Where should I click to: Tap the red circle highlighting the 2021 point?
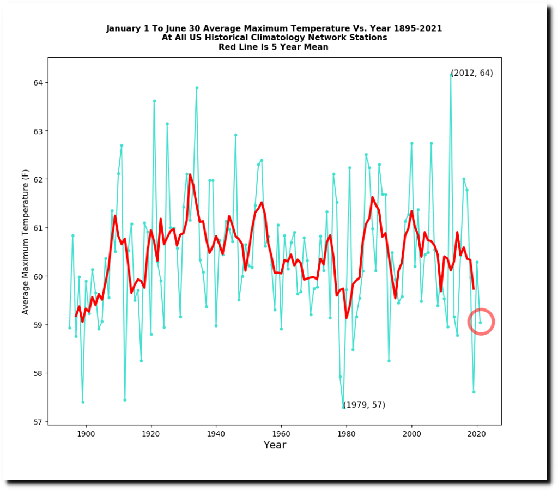pyautogui.click(x=481, y=322)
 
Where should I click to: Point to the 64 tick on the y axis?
pyautogui.click(x=48, y=83)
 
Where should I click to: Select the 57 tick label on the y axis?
pyautogui.click(x=39, y=422)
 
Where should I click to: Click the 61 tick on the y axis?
pyautogui.click(x=48, y=228)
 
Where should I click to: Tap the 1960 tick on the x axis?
pyautogui.click(x=281, y=425)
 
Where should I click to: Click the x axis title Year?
pyautogui.click(x=275, y=446)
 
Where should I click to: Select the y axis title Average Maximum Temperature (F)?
pyautogui.click(x=26, y=240)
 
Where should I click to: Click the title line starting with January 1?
pyautogui.click(x=274, y=28)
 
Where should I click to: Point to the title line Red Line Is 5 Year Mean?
pyautogui.click(x=274, y=47)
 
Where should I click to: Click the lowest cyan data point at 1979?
pyautogui.click(x=343, y=407)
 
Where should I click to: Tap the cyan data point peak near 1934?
pyautogui.click(x=197, y=87)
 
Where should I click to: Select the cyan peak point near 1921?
pyautogui.click(x=154, y=101)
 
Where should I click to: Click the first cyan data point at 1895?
pyautogui.click(x=70, y=328)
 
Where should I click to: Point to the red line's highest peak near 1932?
pyautogui.click(x=190, y=175)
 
